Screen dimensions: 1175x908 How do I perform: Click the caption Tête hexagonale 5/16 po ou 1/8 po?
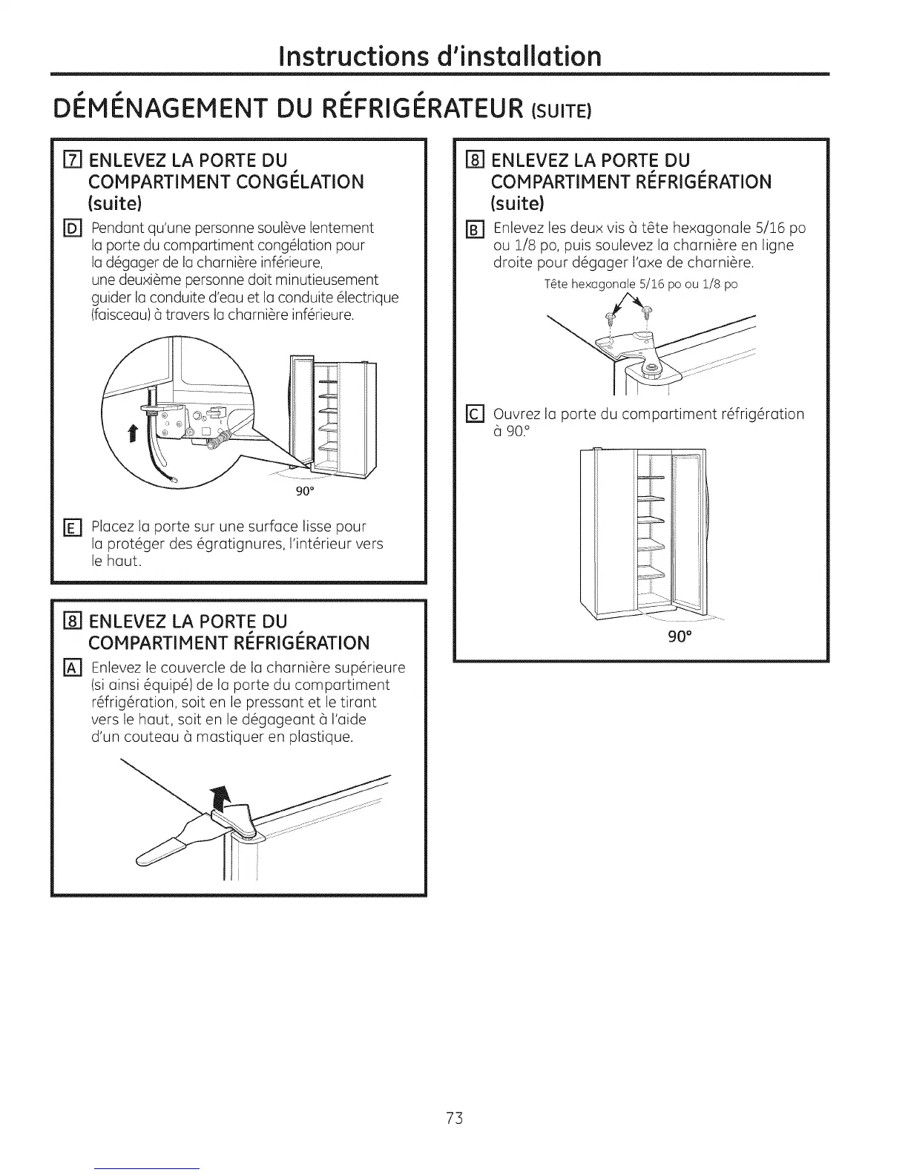pyautogui.click(x=640, y=284)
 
